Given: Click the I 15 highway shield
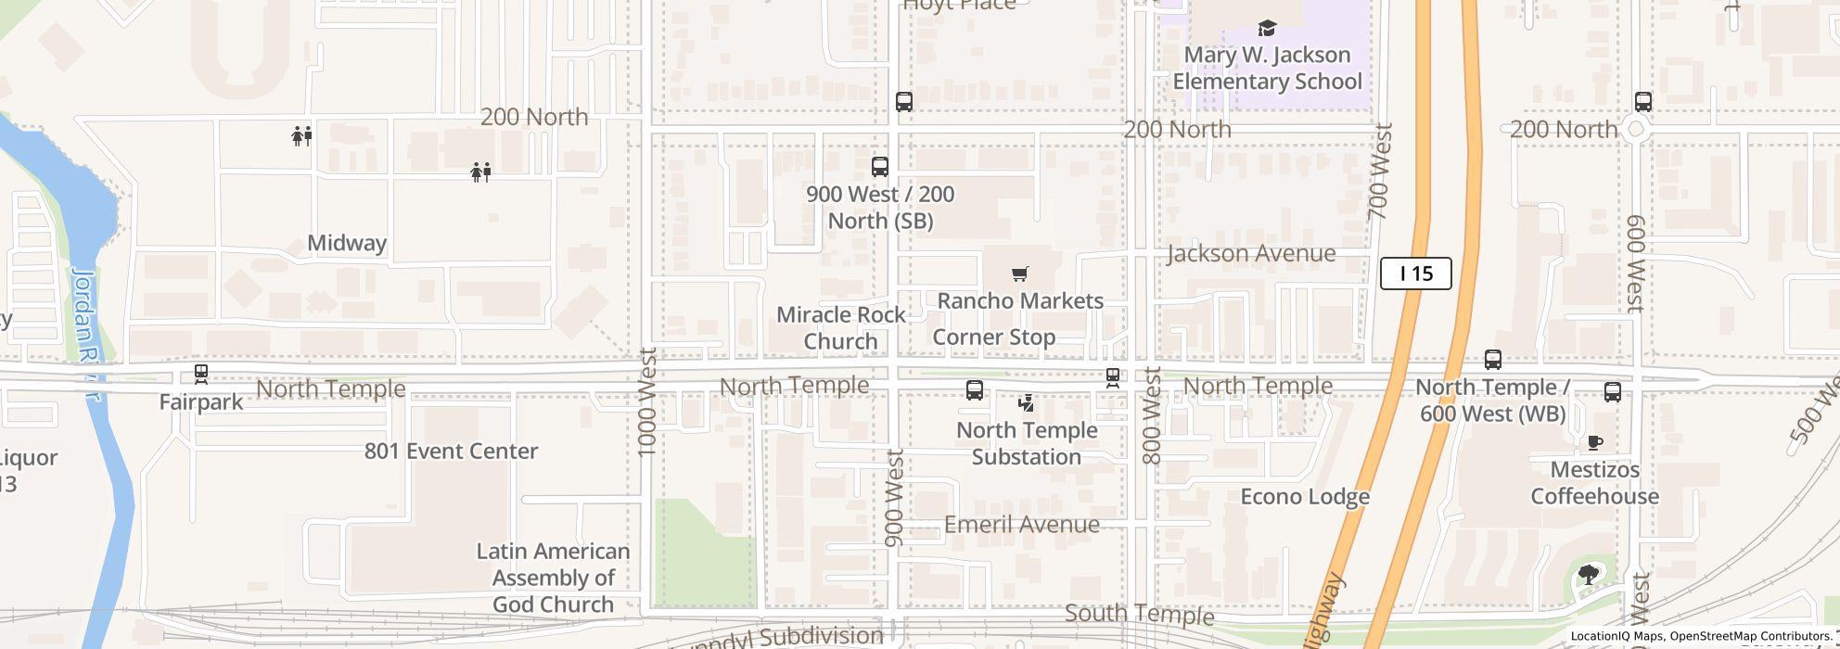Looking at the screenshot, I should (1415, 274).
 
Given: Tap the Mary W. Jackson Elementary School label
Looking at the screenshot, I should (1267, 68).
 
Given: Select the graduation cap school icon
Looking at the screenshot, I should (1267, 29).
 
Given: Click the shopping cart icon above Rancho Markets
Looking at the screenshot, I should (1020, 274).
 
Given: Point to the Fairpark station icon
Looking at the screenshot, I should (200, 375).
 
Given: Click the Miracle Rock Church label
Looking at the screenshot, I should (840, 328).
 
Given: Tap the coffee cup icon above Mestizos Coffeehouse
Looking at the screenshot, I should (1595, 442).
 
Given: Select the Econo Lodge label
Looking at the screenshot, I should (1305, 497).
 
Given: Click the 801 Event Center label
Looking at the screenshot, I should (451, 452).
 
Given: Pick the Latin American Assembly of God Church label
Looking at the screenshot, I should (553, 578).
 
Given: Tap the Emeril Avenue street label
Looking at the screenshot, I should (1021, 525).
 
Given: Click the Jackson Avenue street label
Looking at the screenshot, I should (1251, 253).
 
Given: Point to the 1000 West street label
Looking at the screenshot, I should (648, 401).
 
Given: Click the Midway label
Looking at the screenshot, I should (347, 243).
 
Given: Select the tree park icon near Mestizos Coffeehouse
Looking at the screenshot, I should (1588, 575).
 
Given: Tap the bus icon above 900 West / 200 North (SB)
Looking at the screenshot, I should (879, 167).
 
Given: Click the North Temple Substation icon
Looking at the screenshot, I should (1026, 403).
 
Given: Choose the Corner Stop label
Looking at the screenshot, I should (993, 337).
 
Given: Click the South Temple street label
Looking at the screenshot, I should (1139, 614).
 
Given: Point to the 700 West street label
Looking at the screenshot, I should (1381, 172).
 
